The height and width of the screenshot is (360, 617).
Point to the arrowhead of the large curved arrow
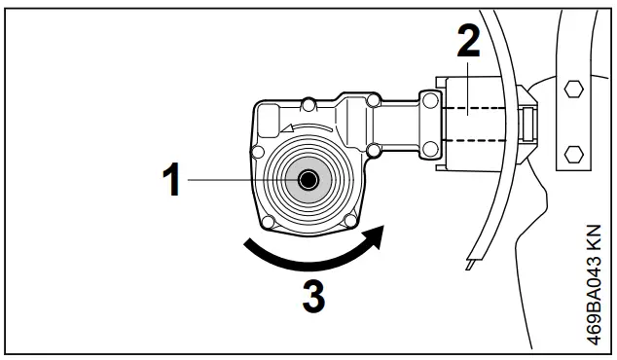(377, 234)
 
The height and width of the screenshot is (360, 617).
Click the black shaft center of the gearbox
(308, 180)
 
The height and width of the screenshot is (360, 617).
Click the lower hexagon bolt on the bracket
(574, 153)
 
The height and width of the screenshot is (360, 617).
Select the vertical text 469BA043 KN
(595, 281)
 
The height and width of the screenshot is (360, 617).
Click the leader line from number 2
(468, 83)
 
